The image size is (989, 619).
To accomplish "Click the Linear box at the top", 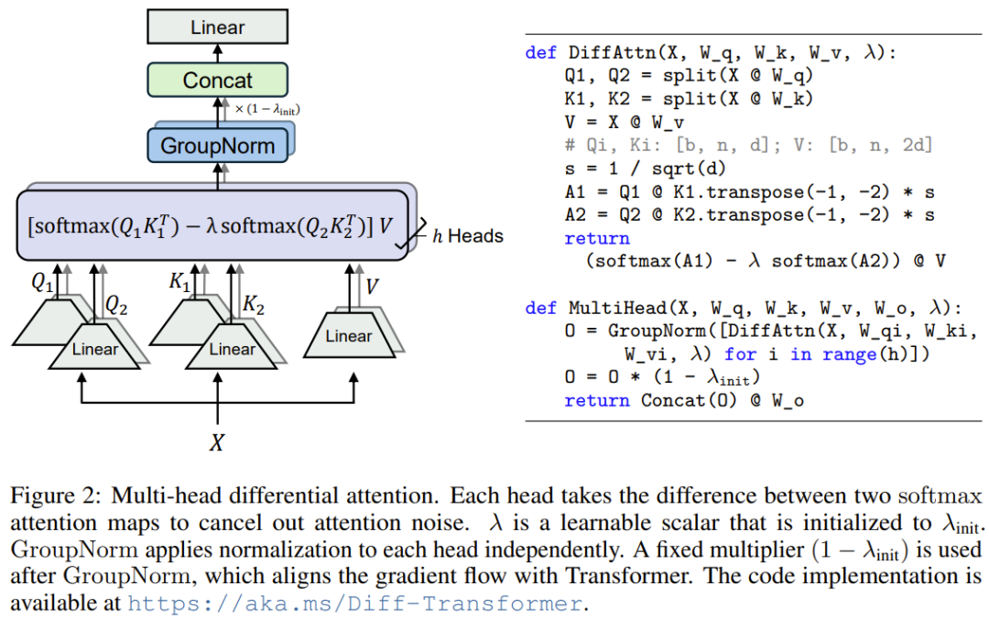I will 217,27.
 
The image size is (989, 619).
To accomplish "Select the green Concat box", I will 217,80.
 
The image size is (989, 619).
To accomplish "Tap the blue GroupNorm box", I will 217,146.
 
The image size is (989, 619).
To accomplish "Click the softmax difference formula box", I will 212,225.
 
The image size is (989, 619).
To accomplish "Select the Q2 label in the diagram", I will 116,305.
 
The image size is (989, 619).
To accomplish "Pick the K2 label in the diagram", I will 254,305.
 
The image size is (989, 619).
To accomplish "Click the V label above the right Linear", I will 372,288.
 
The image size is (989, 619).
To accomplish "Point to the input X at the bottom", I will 217,443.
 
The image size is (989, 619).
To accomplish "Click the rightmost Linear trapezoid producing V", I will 348,337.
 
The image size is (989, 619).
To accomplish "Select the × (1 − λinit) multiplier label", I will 267,110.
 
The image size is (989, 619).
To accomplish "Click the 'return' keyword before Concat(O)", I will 597,400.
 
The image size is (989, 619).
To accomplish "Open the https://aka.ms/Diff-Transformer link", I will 354,603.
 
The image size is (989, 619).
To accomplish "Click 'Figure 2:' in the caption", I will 55,497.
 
